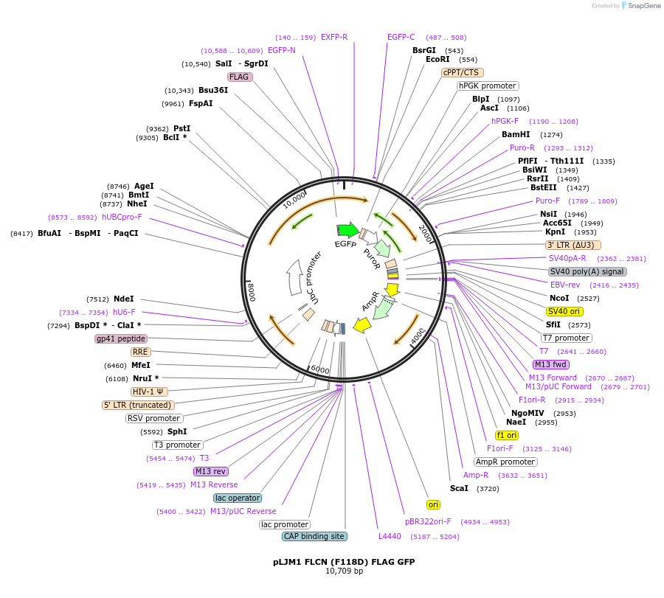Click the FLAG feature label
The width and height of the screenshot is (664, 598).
click(240, 77)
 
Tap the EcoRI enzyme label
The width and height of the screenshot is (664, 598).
click(438, 60)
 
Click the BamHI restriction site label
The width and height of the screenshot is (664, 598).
click(516, 134)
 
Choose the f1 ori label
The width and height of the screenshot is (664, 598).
click(507, 435)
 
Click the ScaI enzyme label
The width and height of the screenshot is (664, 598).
click(459, 488)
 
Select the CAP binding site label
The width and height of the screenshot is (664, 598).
click(314, 536)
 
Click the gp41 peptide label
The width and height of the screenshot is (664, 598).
click(121, 338)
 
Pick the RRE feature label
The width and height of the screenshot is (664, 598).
click(141, 352)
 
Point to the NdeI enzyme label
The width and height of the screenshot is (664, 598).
click(124, 299)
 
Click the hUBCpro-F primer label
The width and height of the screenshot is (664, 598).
click(122, 218)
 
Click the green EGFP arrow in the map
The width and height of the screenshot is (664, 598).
click(347, 230)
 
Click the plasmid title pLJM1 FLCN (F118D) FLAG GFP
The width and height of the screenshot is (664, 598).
click(344, 562)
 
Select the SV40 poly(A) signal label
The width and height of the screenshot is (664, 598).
click(587, 271)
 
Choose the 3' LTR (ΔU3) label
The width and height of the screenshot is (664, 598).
click(573, 245)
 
